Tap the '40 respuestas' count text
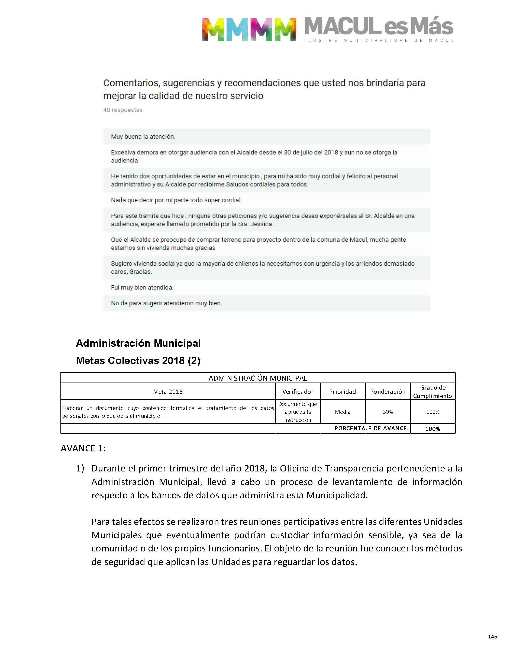pyautogui.click(x=123, y=110)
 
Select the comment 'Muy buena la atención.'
pyautogui.click(x=143, y=137)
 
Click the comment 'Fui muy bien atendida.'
pyautogui.click(x=142, y=287)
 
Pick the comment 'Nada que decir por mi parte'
pyautogui.click(x=176, y=200)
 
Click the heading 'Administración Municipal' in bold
pyautogui.click(x=138, y=343)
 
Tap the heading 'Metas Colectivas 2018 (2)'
pyautogui.click(x=138, y=361)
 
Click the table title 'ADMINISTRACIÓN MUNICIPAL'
pyautogui.click(x=257, y=378)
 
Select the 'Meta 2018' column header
pyautogui.click(x=168, y=391)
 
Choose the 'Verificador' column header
pyautogui.click(x=298, y=391)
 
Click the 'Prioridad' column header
pyautogui.click(x=342, y=391)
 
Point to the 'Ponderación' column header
pyautogui.click(x=388, y=391)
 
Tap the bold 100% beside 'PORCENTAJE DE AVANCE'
pyautogui.click(x=432, y=429)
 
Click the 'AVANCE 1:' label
pyautogui.click(x=83, y=448)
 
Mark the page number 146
pyautogui.click(x=492, y=637)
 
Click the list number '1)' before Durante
pyautogui.click(x=80, y=468)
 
